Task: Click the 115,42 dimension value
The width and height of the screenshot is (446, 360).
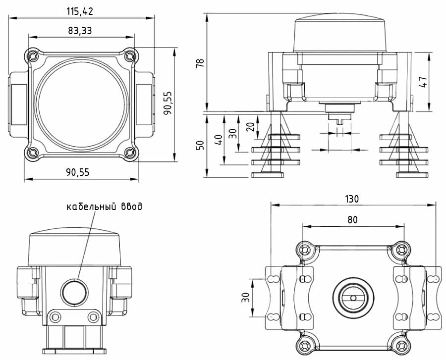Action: tap(80, 11)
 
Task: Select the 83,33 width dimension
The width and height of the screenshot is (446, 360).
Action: tap(80, 30)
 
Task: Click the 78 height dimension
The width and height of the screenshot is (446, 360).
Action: tap(200, 63)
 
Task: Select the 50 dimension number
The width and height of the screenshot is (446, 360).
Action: tap(200, 145)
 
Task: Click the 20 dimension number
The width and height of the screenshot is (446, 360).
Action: tap(250, 126)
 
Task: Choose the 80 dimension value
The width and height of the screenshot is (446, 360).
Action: tap(352, 219)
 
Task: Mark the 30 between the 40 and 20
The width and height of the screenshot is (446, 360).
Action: tap(233, 133)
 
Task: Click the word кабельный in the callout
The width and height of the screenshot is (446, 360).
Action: tap(92, 206)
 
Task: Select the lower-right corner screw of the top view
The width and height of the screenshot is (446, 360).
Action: tap(130, 153)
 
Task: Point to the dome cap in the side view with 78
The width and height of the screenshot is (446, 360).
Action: tap(340, 34)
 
